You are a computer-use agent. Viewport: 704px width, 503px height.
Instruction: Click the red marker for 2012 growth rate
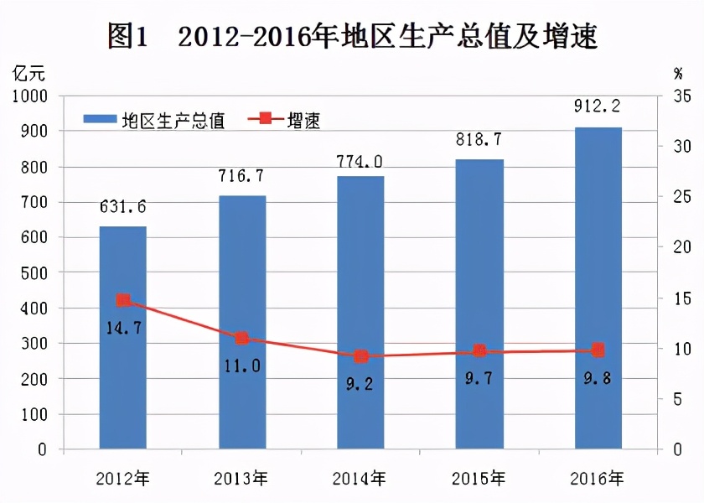pyautogui.click(x=123, y=300)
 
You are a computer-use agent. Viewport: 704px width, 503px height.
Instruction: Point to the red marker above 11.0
pyautogui.click(x=242, y=339)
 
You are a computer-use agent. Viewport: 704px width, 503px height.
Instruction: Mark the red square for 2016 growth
pyautogui.click(x=598, y=350)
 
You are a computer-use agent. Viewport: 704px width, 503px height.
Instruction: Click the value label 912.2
pyautogui.click(x=598, y=106)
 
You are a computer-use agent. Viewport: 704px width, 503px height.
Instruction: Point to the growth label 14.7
pyautogui.click(x=122, y=327)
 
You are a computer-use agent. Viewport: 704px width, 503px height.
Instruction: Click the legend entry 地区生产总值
pyautogui.click(x=154, y=120)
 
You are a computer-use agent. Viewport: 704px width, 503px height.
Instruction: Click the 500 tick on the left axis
pyautogui.click(x=37, y=272)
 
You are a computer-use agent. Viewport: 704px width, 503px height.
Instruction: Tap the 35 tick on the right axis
pyautogui.click(x=681, y=96)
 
